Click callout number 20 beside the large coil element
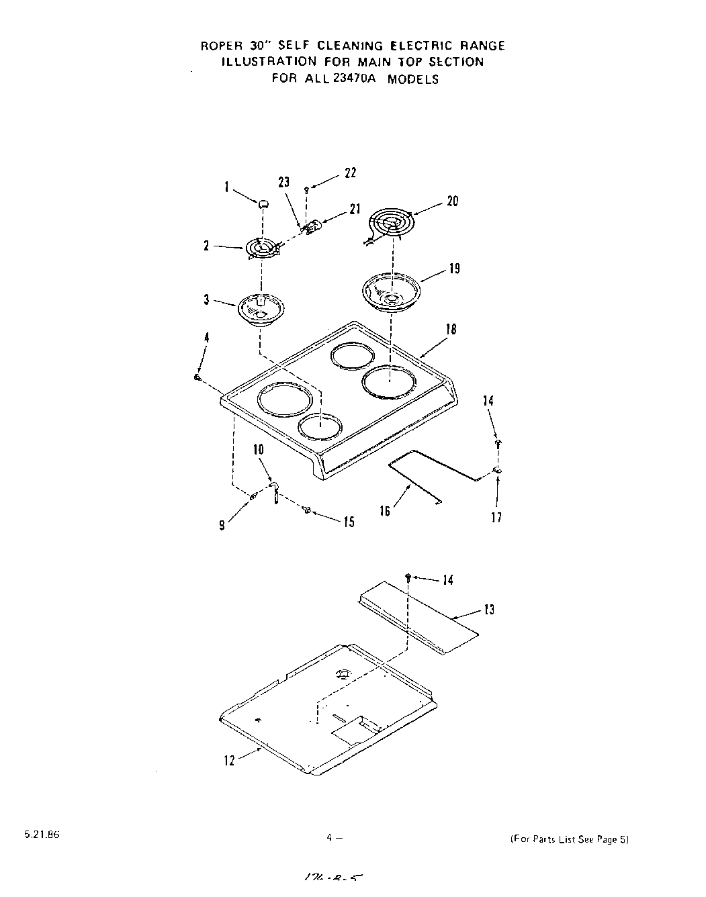pyautogui.click(x=452, y=201)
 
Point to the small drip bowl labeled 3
pyautogui.click(x=260, y=310)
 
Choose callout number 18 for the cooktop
pyautogui.click(x=451, y=329)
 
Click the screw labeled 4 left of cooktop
pyautogui.click(x=197, y=378)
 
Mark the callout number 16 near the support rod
pyautogui.click(x=385, y=512)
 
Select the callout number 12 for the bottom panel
pyautogui.click(x=230, y=761)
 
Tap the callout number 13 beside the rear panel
pyautogui.click(x=489, y=610)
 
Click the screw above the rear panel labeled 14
pyautogui.click(x=408, y=577)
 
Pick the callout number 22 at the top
pyautogui.click(x=350, y=173)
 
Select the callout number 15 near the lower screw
pyautogui.click(x=349, y=522)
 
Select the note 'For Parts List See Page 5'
pyautogui.click(x=569, y=839)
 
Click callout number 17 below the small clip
pyautogui.click(x=496, y=517)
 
